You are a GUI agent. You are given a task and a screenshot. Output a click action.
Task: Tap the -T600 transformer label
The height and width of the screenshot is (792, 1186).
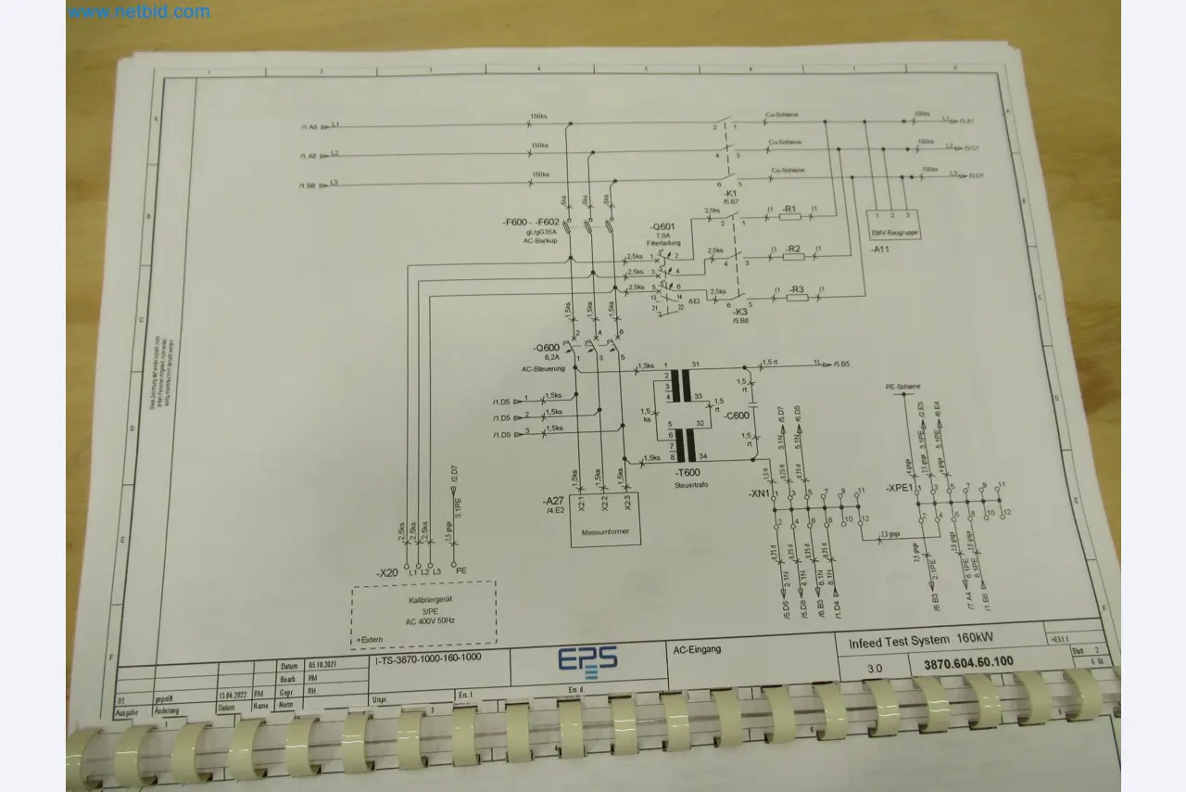click(688, 472)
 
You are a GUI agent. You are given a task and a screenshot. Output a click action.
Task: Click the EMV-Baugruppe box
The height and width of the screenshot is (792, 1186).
click(896, 224)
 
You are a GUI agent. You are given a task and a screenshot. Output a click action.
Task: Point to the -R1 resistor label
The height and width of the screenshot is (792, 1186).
click(790, 210)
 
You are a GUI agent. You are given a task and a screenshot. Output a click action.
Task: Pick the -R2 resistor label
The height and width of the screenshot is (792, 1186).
click(793, 249)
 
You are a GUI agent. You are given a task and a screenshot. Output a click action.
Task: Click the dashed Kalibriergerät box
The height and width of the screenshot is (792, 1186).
click(423, 613)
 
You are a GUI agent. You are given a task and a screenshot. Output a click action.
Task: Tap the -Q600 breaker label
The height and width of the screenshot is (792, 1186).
click(548, 348)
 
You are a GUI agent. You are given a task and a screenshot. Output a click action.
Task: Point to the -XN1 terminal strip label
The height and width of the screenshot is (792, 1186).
click(759, 493)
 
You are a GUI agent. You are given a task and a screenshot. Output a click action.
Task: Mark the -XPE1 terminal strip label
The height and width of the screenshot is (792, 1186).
click(899, 488)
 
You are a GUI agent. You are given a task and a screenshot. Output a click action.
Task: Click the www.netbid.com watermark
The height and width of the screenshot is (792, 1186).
click(139, 12)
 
